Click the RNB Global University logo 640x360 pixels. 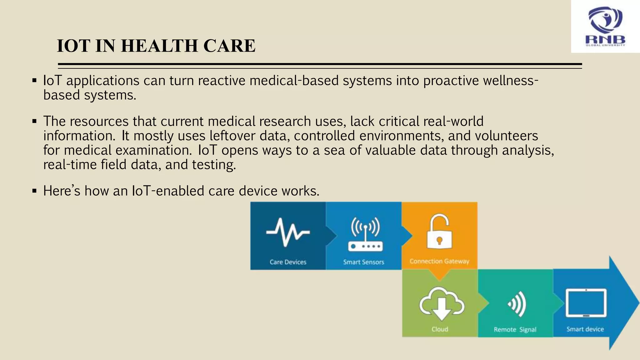tap(605, 26)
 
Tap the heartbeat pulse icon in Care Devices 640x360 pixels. tap(288, 232)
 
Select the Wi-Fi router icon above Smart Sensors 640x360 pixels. tap(365, 234)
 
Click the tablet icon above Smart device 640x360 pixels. tap(586, 303)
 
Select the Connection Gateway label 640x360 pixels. tap(439, 261)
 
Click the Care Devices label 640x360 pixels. tap(288, 262)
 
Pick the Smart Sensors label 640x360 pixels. tap(363, 262)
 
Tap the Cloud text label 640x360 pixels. tap(440, 329)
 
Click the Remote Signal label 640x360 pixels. tap(515, 329)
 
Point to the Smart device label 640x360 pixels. tap(585, 329)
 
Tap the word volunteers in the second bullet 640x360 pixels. tap(507, 136)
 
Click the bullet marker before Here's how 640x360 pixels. tap(34, 191)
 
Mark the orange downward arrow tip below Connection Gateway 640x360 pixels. tap(440, 278)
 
